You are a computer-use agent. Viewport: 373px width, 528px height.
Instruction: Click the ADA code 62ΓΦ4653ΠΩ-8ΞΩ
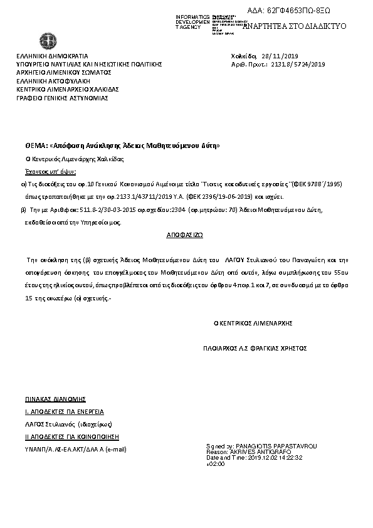tap(298, 11)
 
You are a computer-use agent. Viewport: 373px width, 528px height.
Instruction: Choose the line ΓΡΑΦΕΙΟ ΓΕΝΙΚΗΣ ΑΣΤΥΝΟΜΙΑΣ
tap(63, 98)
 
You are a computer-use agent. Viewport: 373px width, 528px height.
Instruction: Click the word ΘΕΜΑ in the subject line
tap(34, 145)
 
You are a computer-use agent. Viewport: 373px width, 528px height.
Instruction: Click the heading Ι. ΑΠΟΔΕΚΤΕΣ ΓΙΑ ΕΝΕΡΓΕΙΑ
tap(64, 411)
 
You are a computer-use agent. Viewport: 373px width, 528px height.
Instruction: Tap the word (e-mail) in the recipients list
tap(116, 450)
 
